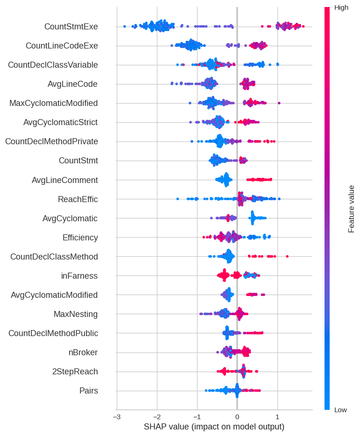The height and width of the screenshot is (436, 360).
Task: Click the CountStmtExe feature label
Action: point(71,27)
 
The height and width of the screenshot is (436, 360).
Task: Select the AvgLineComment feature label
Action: point(65,180)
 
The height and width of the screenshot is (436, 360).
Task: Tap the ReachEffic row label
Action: point(78,199)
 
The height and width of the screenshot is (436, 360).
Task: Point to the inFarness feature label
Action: point(79,276)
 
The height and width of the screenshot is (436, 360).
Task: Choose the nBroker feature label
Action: point(83,352)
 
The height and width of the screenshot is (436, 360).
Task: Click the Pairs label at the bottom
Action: point(89,391)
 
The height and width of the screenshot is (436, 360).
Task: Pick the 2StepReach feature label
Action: point(75,372)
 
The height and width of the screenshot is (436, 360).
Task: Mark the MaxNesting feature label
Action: point(76,314)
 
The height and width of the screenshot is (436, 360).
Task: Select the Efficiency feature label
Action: point(80,238)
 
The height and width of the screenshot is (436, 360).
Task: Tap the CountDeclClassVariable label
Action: point(53,65)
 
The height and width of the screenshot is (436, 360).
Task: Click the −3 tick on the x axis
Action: point(117,416)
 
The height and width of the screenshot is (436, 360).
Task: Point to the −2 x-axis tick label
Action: point(157,416)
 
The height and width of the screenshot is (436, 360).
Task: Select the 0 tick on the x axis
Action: point(237,416)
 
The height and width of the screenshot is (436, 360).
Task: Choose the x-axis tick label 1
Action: point(277,416)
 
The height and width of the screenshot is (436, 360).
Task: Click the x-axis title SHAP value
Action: point(214,427)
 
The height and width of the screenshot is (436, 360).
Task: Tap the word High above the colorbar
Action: point(341,7)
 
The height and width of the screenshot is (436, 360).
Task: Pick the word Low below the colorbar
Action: point(340,410)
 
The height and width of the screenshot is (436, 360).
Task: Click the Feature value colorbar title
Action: point(352,209)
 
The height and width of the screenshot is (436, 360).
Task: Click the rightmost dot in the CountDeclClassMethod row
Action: point(287,256)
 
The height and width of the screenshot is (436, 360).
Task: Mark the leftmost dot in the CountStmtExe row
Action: point(124,27)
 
